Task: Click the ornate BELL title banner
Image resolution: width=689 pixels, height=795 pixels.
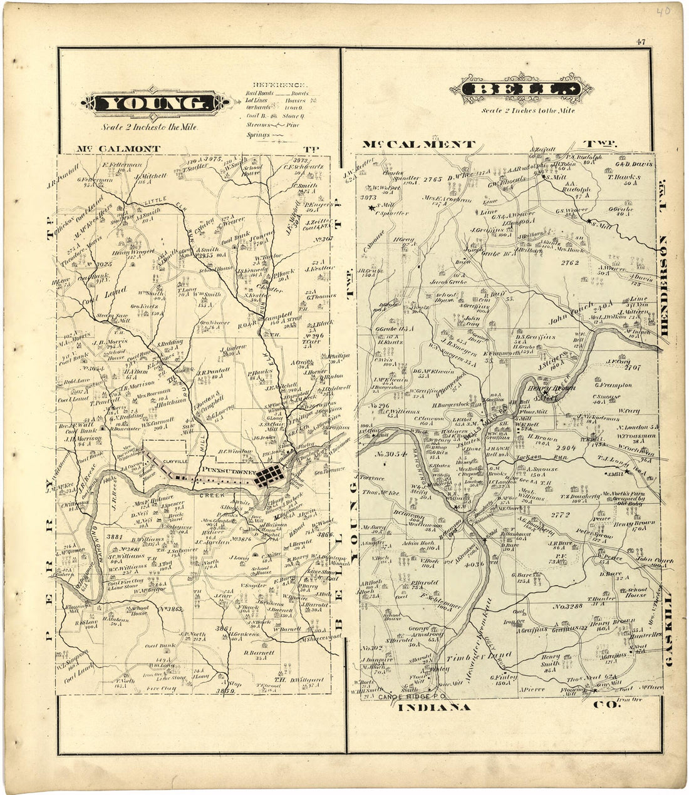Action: [526, 90]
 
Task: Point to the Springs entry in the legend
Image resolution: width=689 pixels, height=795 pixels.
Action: [258, 135]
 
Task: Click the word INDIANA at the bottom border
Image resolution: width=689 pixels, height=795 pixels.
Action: [433, 707]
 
